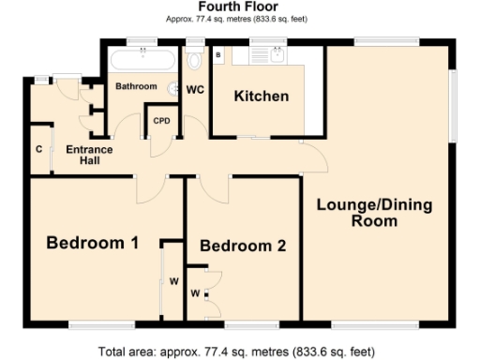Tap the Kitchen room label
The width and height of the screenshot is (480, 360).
pos(261,97)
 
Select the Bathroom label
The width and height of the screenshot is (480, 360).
pos(136,86)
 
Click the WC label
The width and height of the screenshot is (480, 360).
pos(195,90)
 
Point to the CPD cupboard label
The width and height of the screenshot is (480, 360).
pos(161,121)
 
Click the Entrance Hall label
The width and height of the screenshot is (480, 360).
pos(89,155)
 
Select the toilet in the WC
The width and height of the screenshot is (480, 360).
pos(195,60)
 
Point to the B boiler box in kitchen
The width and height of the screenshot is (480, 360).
pos(218,56)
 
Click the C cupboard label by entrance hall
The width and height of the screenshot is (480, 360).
pos(38,149)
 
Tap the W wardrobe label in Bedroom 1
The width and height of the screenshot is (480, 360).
pos(173,281)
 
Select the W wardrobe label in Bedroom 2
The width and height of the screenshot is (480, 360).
pos(195,293)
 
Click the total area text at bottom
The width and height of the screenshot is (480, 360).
pos(239,352)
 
